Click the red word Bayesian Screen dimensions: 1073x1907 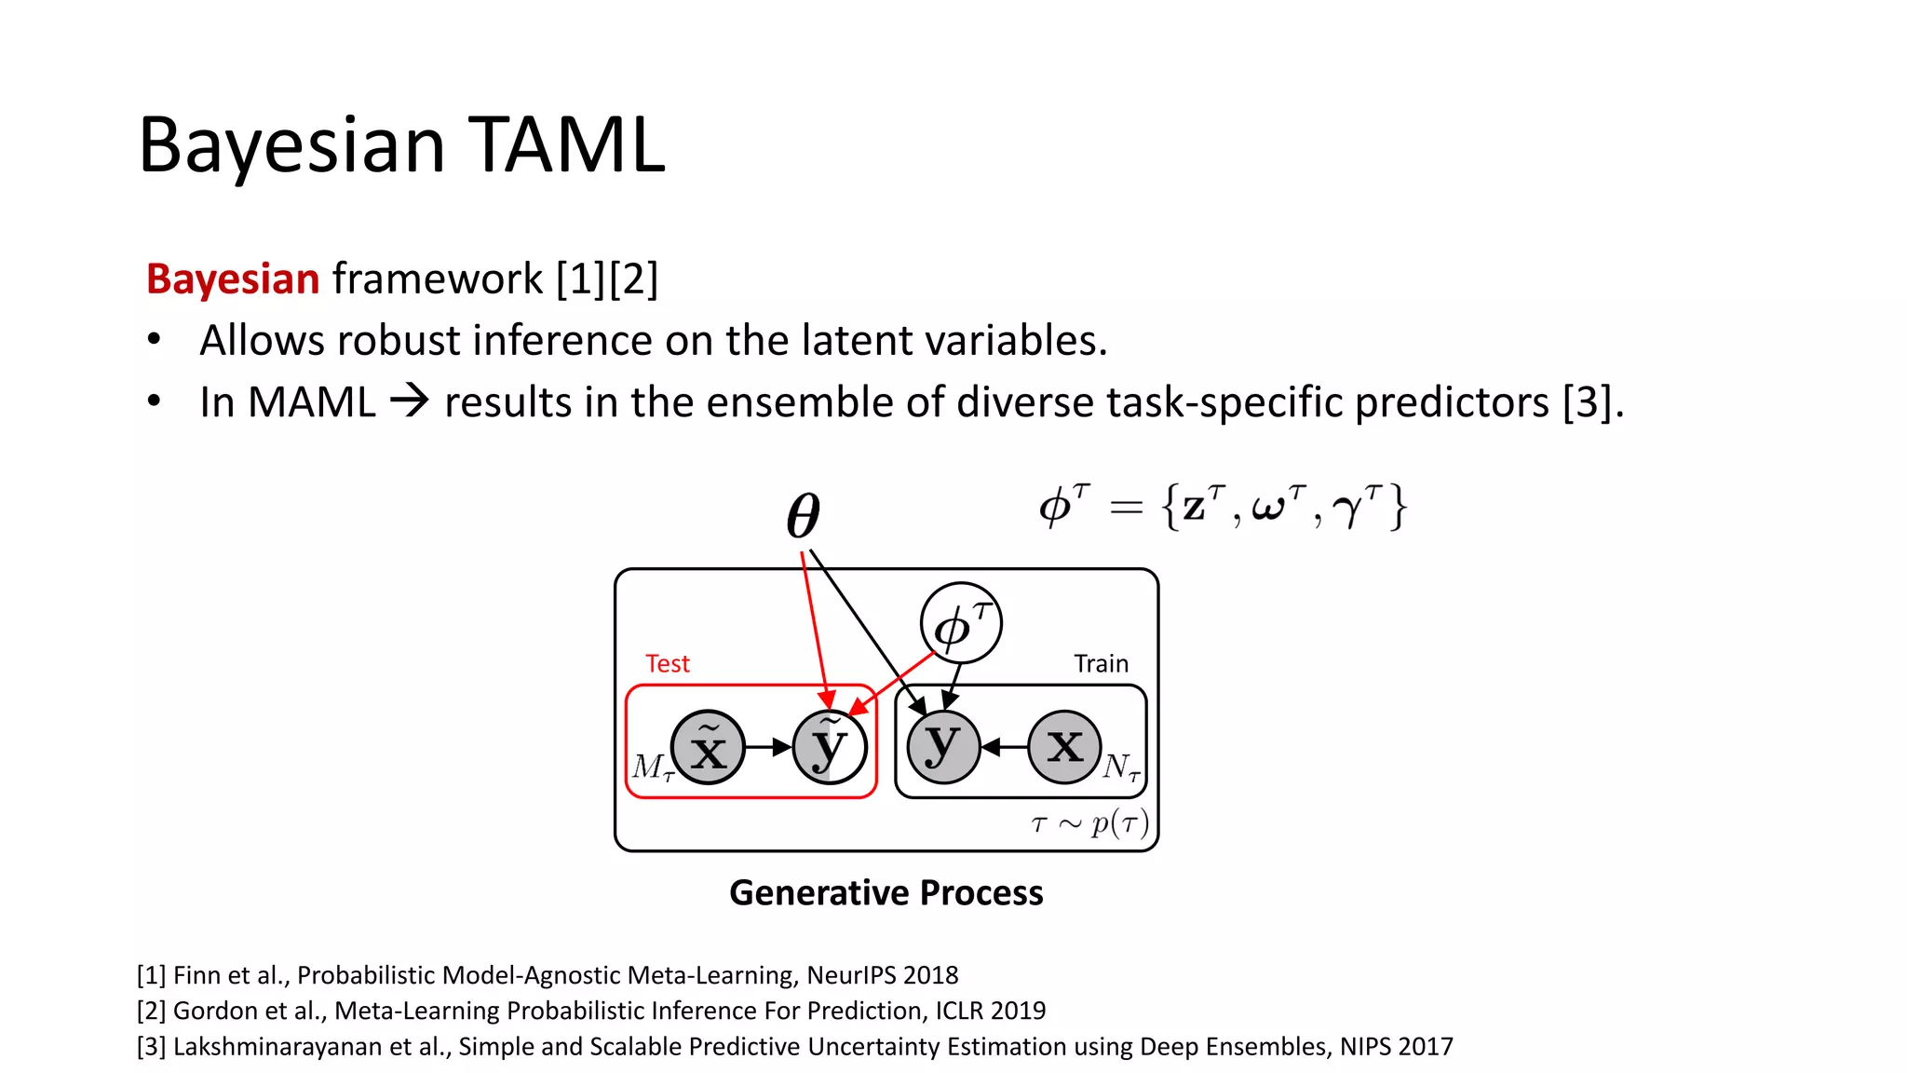[x=233, y=279]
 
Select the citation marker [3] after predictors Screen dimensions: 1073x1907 [x=1590, y=402]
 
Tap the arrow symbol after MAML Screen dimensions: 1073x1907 [x=410, y=402]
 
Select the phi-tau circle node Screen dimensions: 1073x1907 [x=961, y=624]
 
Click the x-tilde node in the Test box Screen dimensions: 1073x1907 [x=708, y=747]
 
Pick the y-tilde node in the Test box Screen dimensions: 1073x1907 [x=829, y=747]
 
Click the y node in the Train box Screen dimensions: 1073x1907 [x=943, y=747]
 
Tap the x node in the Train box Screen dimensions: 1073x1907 [x=1064, y=747]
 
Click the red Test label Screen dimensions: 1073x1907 [x=668, y=664]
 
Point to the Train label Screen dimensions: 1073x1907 [x=1101, y=664]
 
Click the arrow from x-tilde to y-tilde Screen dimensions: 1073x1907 [x=769, y=747]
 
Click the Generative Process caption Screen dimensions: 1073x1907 [x=886, y=892]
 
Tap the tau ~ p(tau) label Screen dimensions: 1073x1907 [x=1089, y=823]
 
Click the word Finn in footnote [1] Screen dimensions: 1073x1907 [x=196, y=975]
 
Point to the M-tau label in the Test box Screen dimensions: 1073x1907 [x=651, y=767]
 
